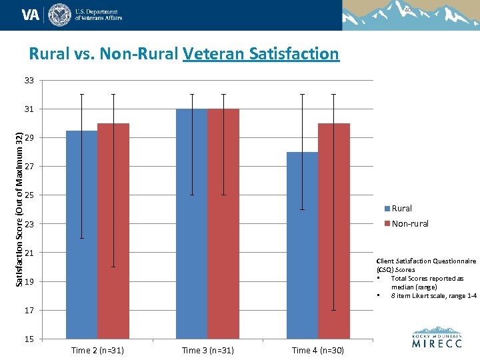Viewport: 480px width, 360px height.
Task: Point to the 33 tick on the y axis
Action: pos(29,81)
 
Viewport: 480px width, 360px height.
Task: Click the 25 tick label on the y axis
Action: pos(29,195)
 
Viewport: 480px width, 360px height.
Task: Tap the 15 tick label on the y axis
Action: pos(29,339)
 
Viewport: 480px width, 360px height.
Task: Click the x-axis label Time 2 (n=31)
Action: pos(97,350)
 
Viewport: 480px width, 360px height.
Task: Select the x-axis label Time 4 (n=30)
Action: pos(318,350)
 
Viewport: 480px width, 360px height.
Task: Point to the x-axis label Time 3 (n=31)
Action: pos(208,350)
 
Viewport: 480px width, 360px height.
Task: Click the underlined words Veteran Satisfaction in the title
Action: pos(261,53)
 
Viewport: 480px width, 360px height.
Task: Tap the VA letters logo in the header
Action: pos(31,14)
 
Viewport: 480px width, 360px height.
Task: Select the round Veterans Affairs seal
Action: pos(59,14)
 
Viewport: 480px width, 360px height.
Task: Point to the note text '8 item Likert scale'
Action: pos(433,295)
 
